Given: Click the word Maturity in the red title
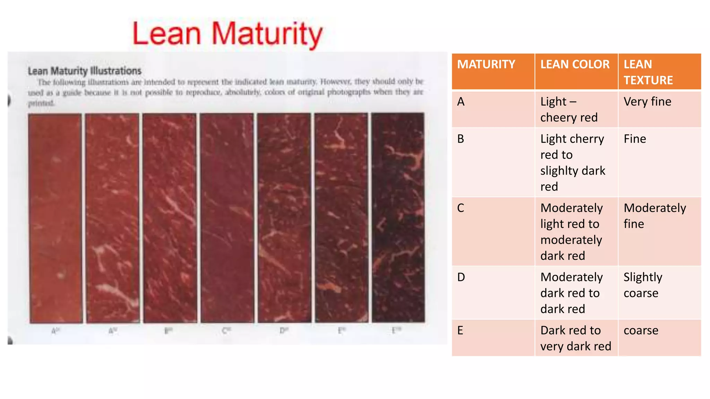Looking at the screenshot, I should tap(267, 34).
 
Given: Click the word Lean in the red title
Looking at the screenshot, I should tap(167, 34).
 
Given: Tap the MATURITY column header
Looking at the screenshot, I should tap(486, 64).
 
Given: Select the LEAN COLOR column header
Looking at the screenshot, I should tap(575, 64).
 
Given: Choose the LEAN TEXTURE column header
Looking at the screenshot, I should tap(648, 72).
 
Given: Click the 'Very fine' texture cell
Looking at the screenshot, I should tap(647, 101).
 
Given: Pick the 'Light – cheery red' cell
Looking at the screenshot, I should tap(569, 109).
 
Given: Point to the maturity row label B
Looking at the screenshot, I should tap(461, 139).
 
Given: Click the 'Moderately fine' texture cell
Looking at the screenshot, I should tap(655, 216).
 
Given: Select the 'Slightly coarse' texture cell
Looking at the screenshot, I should tap(643, 285).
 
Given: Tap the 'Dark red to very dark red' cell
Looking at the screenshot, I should tap(575, 338).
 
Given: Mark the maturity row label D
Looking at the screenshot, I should tap(461, 277).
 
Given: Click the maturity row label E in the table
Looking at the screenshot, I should tap(460, 330).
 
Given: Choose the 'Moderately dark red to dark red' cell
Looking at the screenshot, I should tap(571, 293).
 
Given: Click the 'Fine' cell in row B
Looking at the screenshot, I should tap(635, 139).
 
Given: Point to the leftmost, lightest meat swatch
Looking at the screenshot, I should tap(55, 218).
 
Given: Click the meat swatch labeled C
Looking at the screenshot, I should tap(227, 218).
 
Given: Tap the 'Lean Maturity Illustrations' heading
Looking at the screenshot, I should tap(85, 71).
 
